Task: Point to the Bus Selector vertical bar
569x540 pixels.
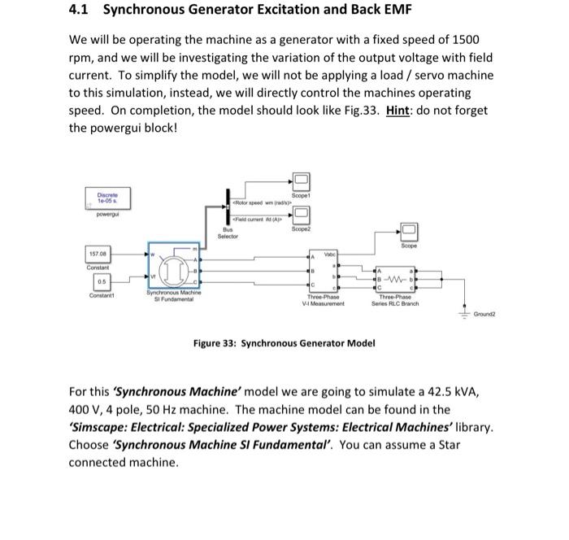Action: pos(228,210)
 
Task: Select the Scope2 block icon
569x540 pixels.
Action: pos(301,214)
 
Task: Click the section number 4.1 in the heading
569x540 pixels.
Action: pos(81,11)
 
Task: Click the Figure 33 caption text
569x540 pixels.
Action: pos(284,343)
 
